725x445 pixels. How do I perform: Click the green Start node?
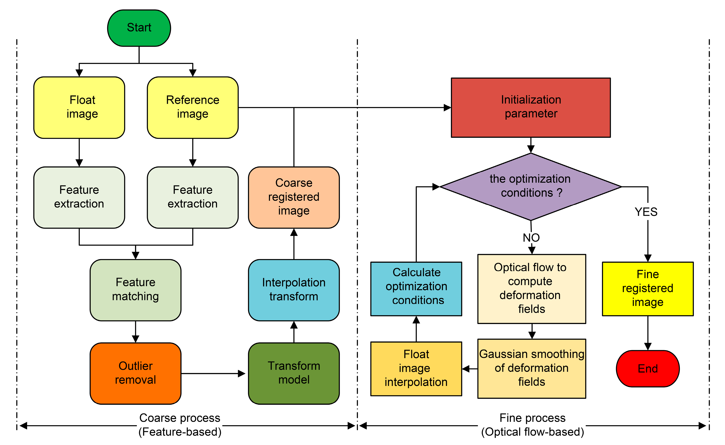[x=139, y=28]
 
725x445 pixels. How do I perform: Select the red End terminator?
[x=648, y=368]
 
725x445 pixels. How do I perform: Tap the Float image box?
[x=79, y=107]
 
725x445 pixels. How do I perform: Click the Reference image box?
[x=193, y=107]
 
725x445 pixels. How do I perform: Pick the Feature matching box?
[x=135, y=290]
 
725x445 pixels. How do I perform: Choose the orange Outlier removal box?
[x=135, y=373]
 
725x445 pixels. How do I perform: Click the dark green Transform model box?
[x=294, y=373]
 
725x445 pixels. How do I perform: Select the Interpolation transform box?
[x=294, y=290]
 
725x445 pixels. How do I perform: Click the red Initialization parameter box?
[x=531, y=107]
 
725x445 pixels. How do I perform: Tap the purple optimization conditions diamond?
[x=531, y=187]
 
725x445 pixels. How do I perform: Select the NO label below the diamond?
[x=531, y=237]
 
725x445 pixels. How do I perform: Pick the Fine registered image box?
[x=648, y=289]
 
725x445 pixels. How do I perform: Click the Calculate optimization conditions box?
[x=416, y=289]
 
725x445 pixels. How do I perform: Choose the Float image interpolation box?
[x=416, y=369]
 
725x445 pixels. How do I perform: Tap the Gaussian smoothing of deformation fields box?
[x=532, y=368]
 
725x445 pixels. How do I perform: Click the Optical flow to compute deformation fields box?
[x=532, y=289]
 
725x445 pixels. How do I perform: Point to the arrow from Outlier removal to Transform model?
[x=213, y=373]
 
